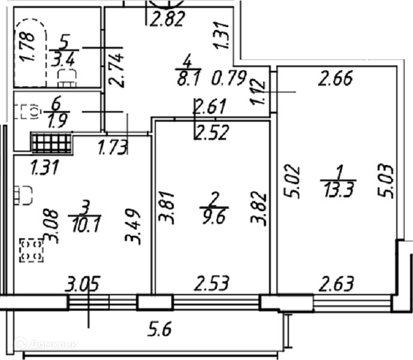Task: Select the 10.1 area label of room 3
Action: (82, 223)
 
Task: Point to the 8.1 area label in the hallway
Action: (187, 77)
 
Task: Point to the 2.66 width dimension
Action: (336, 79)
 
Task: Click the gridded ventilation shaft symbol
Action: (51, 143)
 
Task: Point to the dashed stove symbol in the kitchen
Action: (31, 250)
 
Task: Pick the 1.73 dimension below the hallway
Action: (113, 147)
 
